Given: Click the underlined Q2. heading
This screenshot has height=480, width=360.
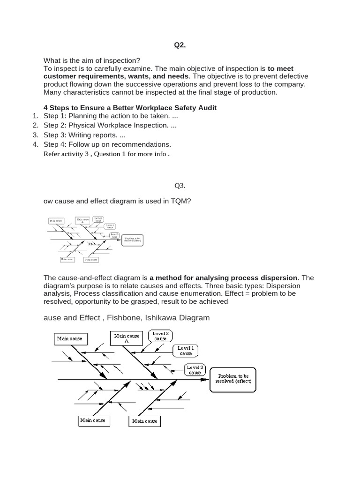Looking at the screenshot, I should click(x=180, y=45).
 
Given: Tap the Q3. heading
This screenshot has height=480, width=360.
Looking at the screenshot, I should click(x=180, y=185).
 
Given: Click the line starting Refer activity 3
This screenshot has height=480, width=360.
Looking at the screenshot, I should click(x=106, y=154).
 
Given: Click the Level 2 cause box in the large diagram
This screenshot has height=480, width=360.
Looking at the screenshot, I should click(x=160, y=336).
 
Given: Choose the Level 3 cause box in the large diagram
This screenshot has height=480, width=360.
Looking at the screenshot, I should click(x=195, y=370).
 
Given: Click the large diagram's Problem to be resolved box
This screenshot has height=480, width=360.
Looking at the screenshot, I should click(x=233, y=379).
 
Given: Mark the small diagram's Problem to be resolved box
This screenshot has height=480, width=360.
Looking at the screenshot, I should click(x=132, y=240).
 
